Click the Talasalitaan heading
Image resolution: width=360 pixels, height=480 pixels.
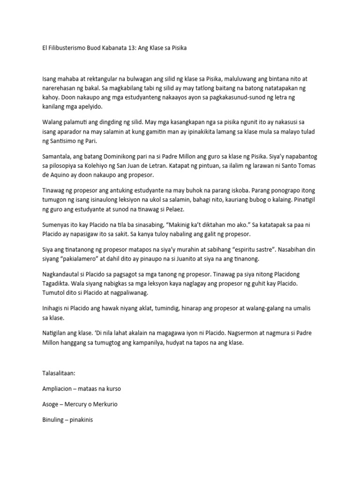[58, 374]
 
